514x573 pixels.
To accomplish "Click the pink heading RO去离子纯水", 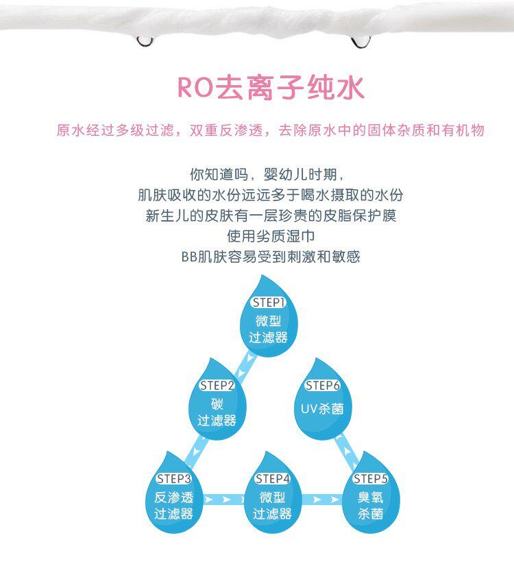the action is pyautogui.click(x=271, y=88).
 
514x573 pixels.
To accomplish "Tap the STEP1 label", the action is pyautogui.click(x=267, y=303).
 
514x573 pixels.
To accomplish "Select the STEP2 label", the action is pyautogui.click(x=217, y=385).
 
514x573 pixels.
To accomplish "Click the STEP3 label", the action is pyautogui.click(x=173, y=478).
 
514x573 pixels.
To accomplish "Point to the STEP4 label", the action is pyautogui.click(x=272, y=478).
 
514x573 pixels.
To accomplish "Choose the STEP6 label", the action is pyautogui.click(x=322, y=385).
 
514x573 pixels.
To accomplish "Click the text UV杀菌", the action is pyautogui.click(x=322, y=409).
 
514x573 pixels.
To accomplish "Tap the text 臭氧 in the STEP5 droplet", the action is pyautogui.click(x=371, y=497).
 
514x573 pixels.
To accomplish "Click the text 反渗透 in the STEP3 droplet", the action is pyautogui.click(x=173, y=497).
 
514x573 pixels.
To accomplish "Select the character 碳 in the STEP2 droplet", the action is pyautogui.click(x=217, y=404).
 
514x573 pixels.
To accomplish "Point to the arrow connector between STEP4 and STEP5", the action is pyautogui.click(x=321, y=500).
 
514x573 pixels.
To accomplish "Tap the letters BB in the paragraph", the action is pyautogui.click(x=189, y=257).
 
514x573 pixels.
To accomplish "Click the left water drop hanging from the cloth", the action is pyautogui.click(x=145, y=40).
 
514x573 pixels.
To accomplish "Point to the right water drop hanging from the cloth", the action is pyautogui.click(x=359, y=43).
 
